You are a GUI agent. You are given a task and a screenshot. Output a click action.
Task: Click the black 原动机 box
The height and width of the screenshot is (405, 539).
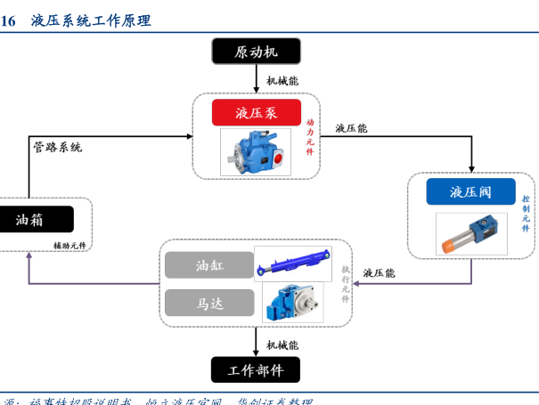[256, 52]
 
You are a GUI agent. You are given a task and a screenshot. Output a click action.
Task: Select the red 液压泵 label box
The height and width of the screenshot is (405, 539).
[256, 113]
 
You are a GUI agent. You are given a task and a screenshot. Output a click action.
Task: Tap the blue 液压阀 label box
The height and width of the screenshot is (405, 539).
[470, 191]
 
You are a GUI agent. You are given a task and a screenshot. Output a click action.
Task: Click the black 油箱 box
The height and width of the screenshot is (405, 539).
[36, 219]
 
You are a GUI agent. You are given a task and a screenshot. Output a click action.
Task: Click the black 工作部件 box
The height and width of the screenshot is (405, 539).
[255, 369]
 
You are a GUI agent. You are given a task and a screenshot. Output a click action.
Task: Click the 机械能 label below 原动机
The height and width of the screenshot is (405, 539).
[282, 81]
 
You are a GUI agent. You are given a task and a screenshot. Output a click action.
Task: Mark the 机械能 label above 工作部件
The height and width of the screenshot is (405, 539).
[282, 344]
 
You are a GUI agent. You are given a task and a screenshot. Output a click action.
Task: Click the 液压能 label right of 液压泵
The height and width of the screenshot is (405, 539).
[351, 128]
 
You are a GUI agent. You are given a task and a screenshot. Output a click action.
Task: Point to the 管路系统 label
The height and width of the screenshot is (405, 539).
[58, 147]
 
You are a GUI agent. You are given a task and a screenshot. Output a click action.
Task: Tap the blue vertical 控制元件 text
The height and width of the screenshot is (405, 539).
[527, 214]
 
